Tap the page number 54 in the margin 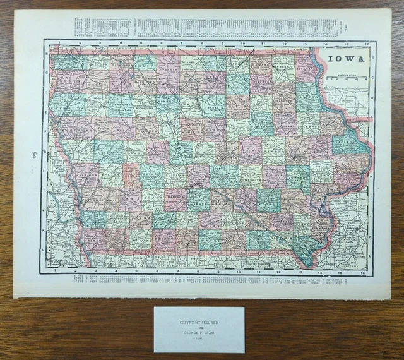coord(33,155)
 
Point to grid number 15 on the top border coord(347,44)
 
